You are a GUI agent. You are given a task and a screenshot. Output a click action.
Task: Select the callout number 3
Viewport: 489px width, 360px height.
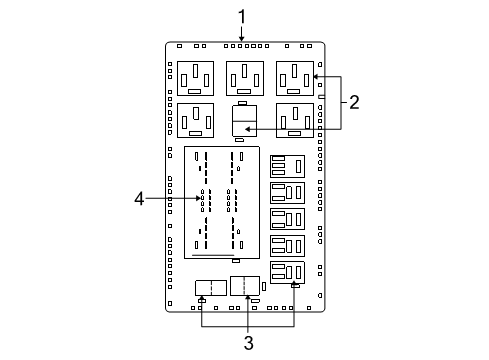tap(248, 343)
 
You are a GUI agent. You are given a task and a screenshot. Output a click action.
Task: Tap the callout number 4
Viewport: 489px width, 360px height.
tap(141, 199)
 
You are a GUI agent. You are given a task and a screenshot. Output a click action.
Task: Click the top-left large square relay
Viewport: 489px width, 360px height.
tap(195, 77)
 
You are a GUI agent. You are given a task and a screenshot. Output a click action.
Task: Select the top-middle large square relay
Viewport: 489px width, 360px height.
tap(244, 77)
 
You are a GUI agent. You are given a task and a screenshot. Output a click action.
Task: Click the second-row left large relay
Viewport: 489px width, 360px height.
tap(195, 119)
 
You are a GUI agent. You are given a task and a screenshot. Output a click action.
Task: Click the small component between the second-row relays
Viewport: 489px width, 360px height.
tap(243, 120)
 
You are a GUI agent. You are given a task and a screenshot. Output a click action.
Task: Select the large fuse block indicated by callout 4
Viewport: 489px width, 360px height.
tap(221, 202)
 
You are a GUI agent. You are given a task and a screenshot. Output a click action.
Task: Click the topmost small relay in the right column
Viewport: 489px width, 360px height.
tap(287, 166)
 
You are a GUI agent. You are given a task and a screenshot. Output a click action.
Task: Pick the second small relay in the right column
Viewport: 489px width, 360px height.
tap(287, 192)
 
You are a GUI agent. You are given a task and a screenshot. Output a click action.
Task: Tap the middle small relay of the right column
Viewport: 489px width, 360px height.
tap(287, 218)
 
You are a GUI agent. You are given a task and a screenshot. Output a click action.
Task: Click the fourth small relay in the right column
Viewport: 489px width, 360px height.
tap(287, 244)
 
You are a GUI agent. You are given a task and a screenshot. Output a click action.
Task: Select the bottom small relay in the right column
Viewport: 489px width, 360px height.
tap(287, 271)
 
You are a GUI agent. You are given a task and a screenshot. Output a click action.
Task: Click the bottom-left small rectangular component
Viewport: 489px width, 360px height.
tap(210, 288)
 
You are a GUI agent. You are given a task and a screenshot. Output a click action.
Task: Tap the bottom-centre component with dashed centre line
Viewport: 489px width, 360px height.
tap(245, 285)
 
